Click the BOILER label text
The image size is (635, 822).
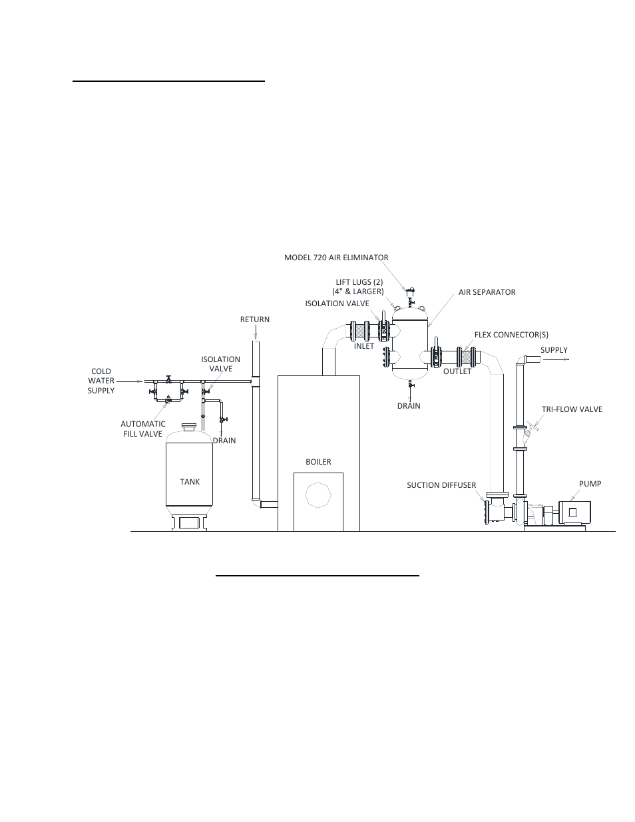click(x=318, y=462)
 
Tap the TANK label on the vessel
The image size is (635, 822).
click(x=190, y=482)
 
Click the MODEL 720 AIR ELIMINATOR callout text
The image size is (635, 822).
click(x=336, y=258)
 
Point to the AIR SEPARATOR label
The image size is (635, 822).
click(x=487, y=292)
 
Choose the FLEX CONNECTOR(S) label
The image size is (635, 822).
click(x=511, y=335)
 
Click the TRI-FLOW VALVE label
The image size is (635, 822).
click(x=572, y=409)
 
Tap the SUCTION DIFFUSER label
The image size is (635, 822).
click(x=441, y=485)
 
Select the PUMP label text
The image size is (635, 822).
click(x=590, y=484)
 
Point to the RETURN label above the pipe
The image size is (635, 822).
click(x=255, y=319)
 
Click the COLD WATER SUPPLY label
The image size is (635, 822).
click(x=101, y=381)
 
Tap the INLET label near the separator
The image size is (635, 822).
click(x=364, y=346)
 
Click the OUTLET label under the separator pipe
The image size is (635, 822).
click(x=457, y=371)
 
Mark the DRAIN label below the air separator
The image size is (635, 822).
click(x=409, y=406)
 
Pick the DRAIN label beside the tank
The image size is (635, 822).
click(x=224, y=441)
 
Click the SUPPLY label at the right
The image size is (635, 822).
click(x=554, y=350)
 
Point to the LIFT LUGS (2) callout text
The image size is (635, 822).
click(x=359, y=287)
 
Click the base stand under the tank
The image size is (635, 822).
click(x=189, y=522)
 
